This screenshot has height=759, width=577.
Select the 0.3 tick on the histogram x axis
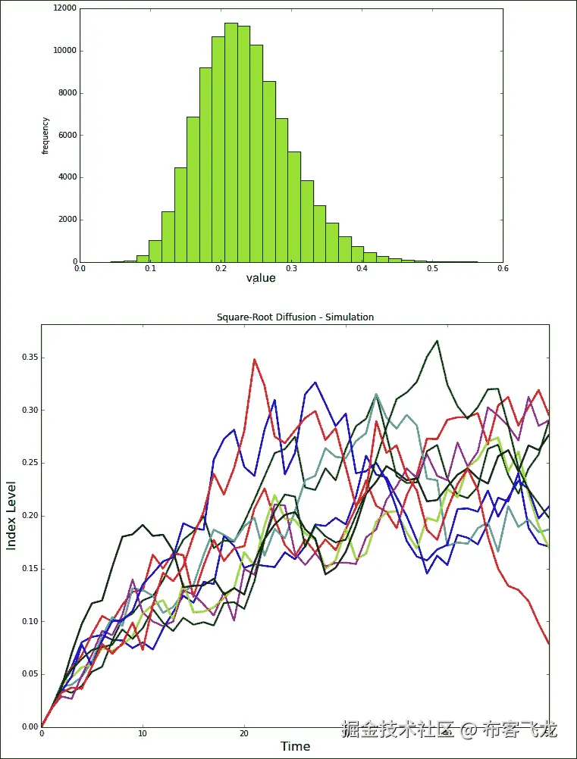(x=291, y=267)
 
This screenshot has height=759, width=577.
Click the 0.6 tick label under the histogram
(x=503, y=267)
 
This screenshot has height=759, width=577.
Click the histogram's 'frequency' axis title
(x=45, y=136)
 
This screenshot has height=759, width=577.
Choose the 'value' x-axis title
(x=260, y=278)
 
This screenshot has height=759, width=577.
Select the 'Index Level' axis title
(x=12, y=515)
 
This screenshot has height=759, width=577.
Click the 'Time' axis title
(x=295, y=746)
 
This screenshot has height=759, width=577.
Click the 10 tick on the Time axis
(x=143, y=733)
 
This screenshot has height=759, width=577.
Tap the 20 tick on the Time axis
(x=243, y=733)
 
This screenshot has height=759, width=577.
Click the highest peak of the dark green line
(x=437, y=341)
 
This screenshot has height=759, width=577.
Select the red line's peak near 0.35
(x=255, y=359)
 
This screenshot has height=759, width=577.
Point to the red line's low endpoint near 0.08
(x=548, y=643)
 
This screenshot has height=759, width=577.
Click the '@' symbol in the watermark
(x=469, y=730)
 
